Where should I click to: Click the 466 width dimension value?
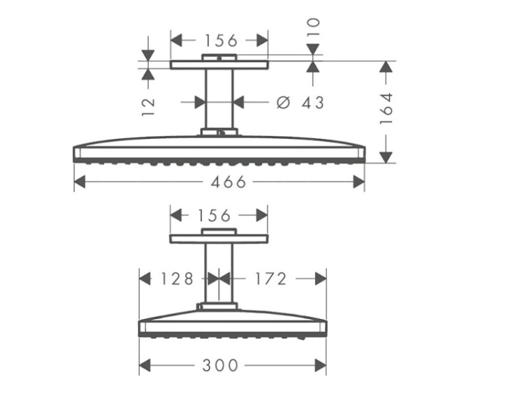click(x=228, y=182)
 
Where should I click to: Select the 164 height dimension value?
click(x=386, y=109)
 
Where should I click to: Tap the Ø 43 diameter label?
click(x=300, y=103)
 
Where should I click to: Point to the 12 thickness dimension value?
click(x=148, y=107)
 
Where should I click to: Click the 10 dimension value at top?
click(x=313, y=27)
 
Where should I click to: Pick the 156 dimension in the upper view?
click(x=221, y=40)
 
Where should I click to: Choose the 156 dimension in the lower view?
click(x=214, y=216)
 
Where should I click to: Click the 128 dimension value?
click(x=177, y=279)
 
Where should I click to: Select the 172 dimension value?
click(x=270, y=279)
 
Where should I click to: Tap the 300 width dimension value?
click(x=220, y=365)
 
